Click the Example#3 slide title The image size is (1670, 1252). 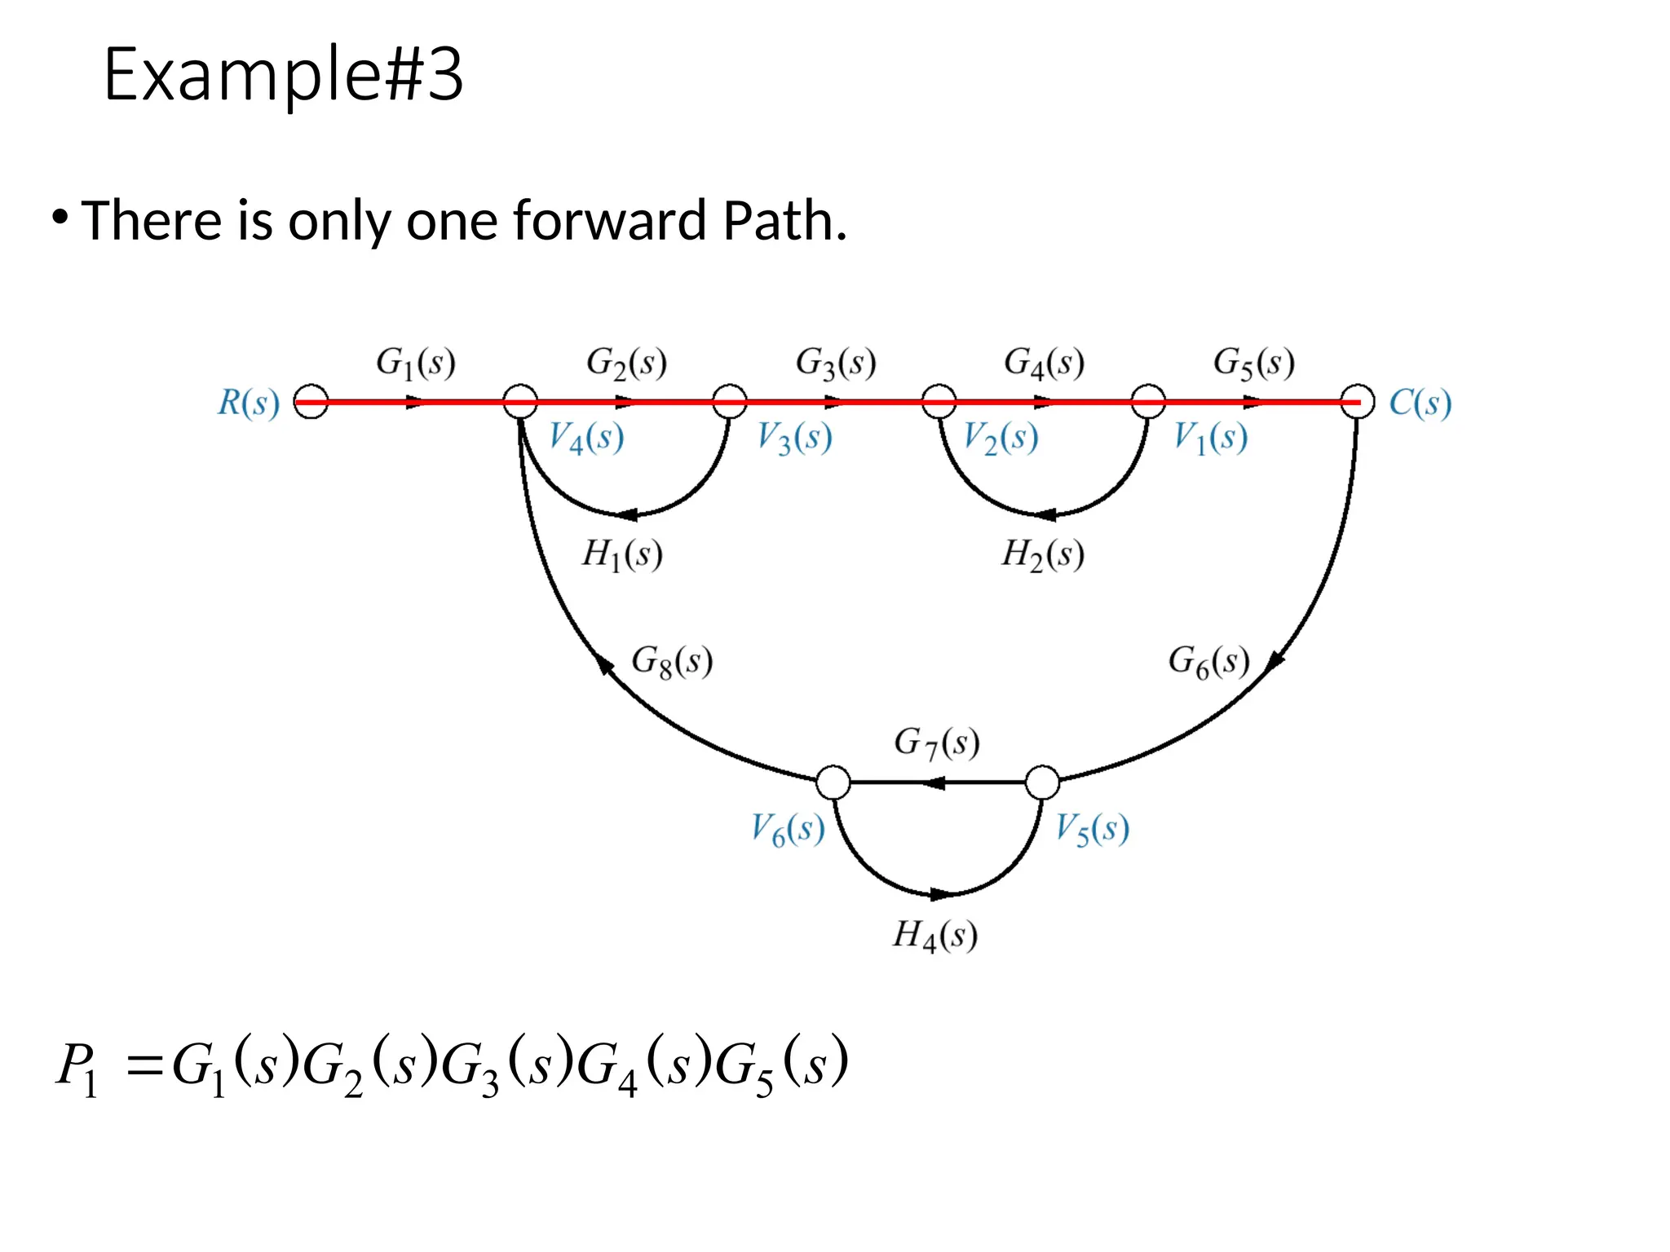click(283, 75)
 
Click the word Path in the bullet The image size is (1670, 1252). click(784, 221)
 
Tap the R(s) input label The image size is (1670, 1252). click(248, 403)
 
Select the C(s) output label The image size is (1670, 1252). click(1420, 403)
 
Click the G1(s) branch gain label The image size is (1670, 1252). click(415, 362)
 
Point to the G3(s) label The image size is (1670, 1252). click(835, 362)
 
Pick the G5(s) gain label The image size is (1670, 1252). click(1253, 362)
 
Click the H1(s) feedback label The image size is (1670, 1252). click(621, 554)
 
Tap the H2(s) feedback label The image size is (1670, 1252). click(1042, 554)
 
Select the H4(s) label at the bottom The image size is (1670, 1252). click(934, 934)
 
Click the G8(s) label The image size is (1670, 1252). click(672, 661)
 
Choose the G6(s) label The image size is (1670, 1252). click(1208, 661)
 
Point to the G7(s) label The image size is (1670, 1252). click(936, 743)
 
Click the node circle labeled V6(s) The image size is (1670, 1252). click(833, 782)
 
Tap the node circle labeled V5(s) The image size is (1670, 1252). click(1042, 782)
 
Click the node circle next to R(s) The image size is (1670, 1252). click(311, 402)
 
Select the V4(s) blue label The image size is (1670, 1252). click(585, 438)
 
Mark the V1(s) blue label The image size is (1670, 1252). click(1210, 438)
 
